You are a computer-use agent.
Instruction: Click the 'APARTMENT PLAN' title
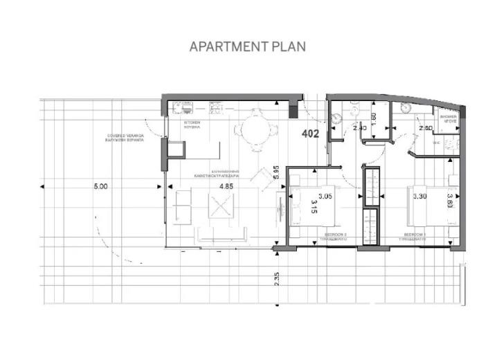click(247, 46)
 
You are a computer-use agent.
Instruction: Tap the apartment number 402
click(310, 134)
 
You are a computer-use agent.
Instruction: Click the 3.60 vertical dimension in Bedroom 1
click(449, 200)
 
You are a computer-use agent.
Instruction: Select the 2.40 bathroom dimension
click(359, 128)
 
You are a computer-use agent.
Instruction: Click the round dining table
click(248, 129)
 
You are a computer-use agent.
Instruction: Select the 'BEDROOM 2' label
click(336, 235)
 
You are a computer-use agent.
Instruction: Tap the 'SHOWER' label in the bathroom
click(448, 117)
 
